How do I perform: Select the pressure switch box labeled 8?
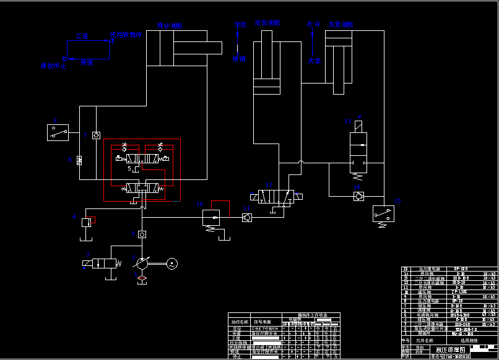point(59,132)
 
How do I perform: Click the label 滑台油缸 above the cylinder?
point(169,25)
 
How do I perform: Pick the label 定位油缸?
point(267,23)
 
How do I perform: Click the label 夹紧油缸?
point(340,25)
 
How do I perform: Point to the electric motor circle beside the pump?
point(172,264)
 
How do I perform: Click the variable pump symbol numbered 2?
point(142,264)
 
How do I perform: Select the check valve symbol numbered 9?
point(142,234)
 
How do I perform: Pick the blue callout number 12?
point(268,184)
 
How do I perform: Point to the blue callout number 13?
point(347,121)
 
